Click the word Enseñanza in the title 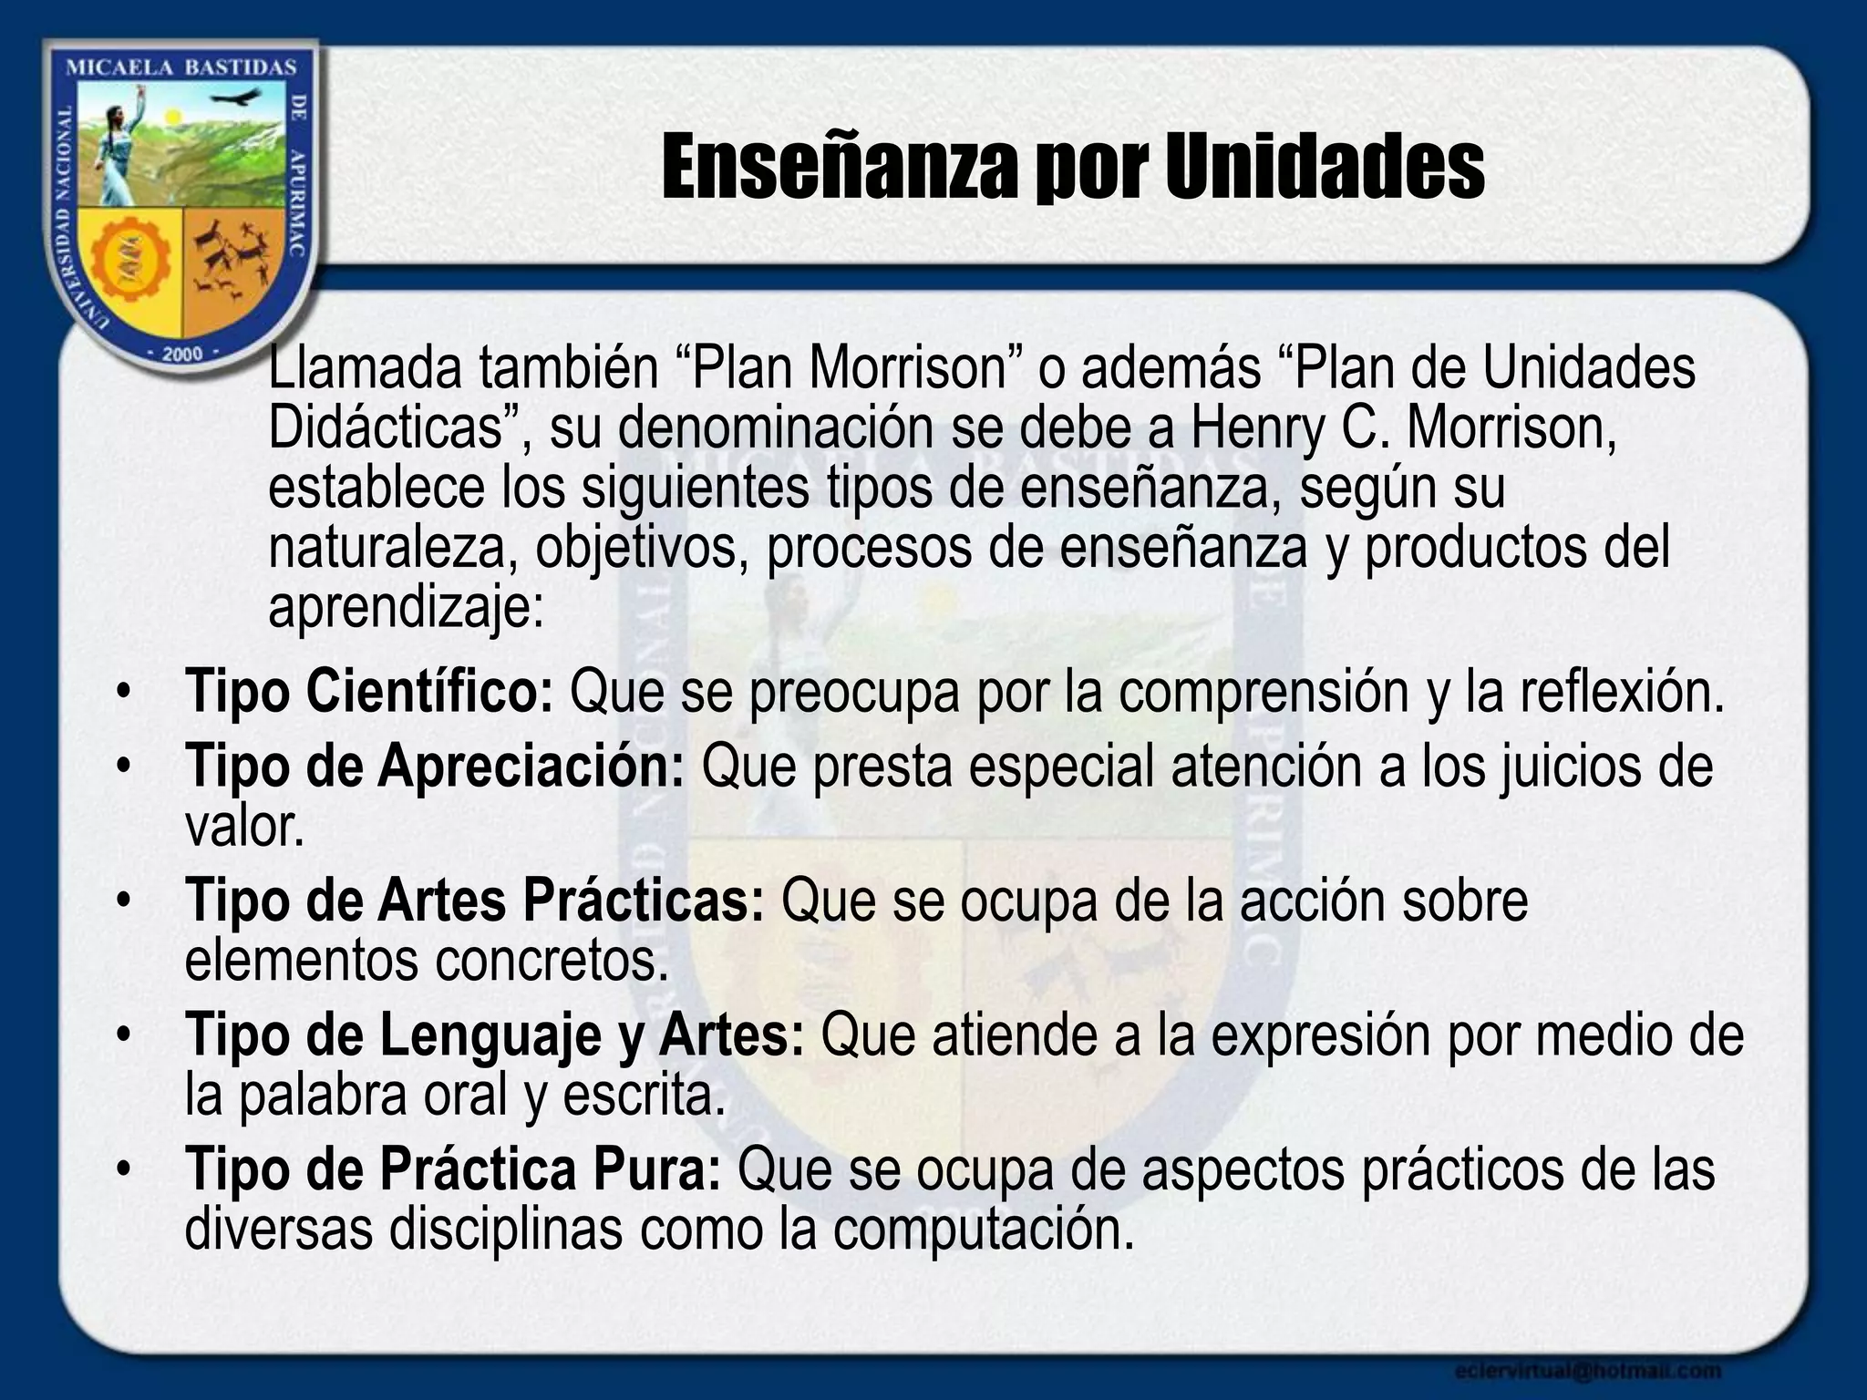[838, 167]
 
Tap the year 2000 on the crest [181, 355]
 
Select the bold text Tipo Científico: [368, 691]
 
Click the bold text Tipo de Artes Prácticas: [474, 900]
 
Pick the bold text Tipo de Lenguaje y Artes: [494, 1035]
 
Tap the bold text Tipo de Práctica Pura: [453, 1168]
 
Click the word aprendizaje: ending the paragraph [406, 606]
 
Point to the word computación [983, 1230]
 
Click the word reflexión [1622, 691]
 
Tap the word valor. [243, 826]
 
